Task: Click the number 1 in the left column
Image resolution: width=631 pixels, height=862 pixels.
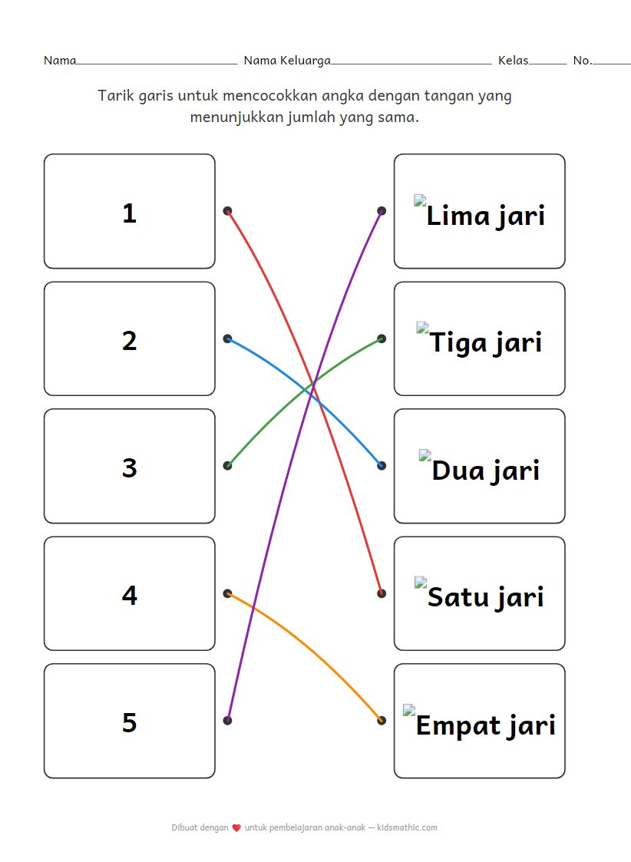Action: point(129,213)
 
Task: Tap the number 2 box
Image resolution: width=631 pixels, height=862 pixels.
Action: point(129,339)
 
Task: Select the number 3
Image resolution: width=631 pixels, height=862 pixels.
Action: point(129,467)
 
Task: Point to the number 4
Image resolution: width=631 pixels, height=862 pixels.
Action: point(129,594)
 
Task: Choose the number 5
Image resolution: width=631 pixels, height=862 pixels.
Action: point(129,722)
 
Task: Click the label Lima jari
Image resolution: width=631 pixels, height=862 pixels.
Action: point(485,216)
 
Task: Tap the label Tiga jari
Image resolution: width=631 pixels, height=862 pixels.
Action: point(485,342)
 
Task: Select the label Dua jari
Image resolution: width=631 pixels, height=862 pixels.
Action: point(485,470)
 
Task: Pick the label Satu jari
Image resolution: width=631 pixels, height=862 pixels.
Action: point(485,597)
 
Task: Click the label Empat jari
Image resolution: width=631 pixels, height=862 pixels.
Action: point(485,725)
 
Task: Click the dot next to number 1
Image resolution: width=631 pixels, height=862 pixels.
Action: point(227,211)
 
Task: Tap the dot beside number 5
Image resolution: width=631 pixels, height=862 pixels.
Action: point(227,720)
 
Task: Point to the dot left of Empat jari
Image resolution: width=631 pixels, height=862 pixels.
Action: point(382,720)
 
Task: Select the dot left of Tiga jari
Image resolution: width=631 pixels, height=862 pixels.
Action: point(382,339)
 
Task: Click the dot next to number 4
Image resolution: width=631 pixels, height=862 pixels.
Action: point(227,593)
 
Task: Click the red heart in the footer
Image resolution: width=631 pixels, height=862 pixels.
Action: point(236,828)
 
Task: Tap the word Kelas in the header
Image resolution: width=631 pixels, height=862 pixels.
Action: point(513,60)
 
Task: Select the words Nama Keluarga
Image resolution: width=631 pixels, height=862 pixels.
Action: point(287,60)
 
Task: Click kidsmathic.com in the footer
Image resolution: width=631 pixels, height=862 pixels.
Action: point(408,827)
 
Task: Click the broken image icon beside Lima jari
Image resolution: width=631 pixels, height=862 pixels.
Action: point(420,200)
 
